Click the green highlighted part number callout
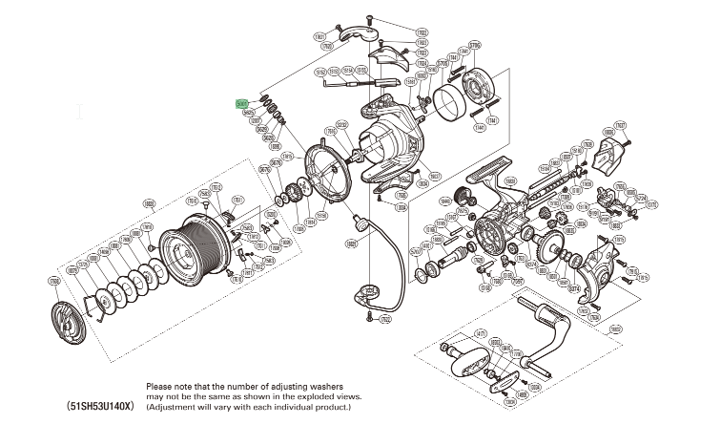coord(242,104)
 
